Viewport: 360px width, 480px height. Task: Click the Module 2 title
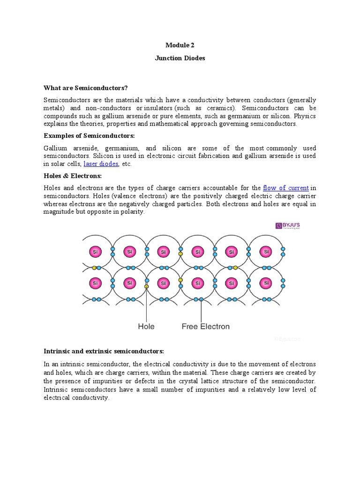point(180,45)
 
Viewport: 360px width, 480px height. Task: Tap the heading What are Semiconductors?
point(86,88)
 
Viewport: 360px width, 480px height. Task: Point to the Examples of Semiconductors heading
point(89,135)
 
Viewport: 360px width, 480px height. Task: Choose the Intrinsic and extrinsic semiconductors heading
point(104,351)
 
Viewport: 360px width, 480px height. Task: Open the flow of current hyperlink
point(285,188)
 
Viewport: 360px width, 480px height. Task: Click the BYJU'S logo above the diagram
point(287,226)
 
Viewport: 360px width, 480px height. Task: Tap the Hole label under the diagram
point(146,326)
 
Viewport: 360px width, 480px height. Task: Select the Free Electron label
point(205,326)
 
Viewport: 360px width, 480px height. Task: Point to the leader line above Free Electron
point(202,310)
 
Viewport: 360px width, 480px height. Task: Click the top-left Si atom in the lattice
point(95,252)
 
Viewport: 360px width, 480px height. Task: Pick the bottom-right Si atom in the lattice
point(266,283)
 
